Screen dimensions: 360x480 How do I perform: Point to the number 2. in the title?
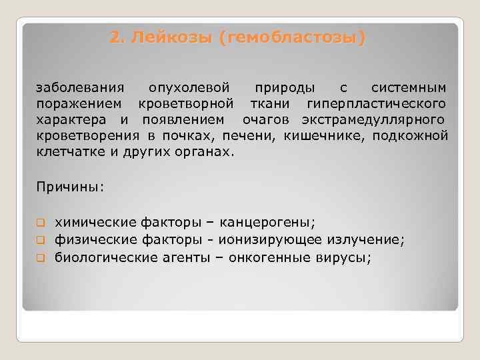tap(117, 38)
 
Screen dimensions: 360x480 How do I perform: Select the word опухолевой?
tap(189, 88)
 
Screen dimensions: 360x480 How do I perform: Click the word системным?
tap(409, 88)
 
